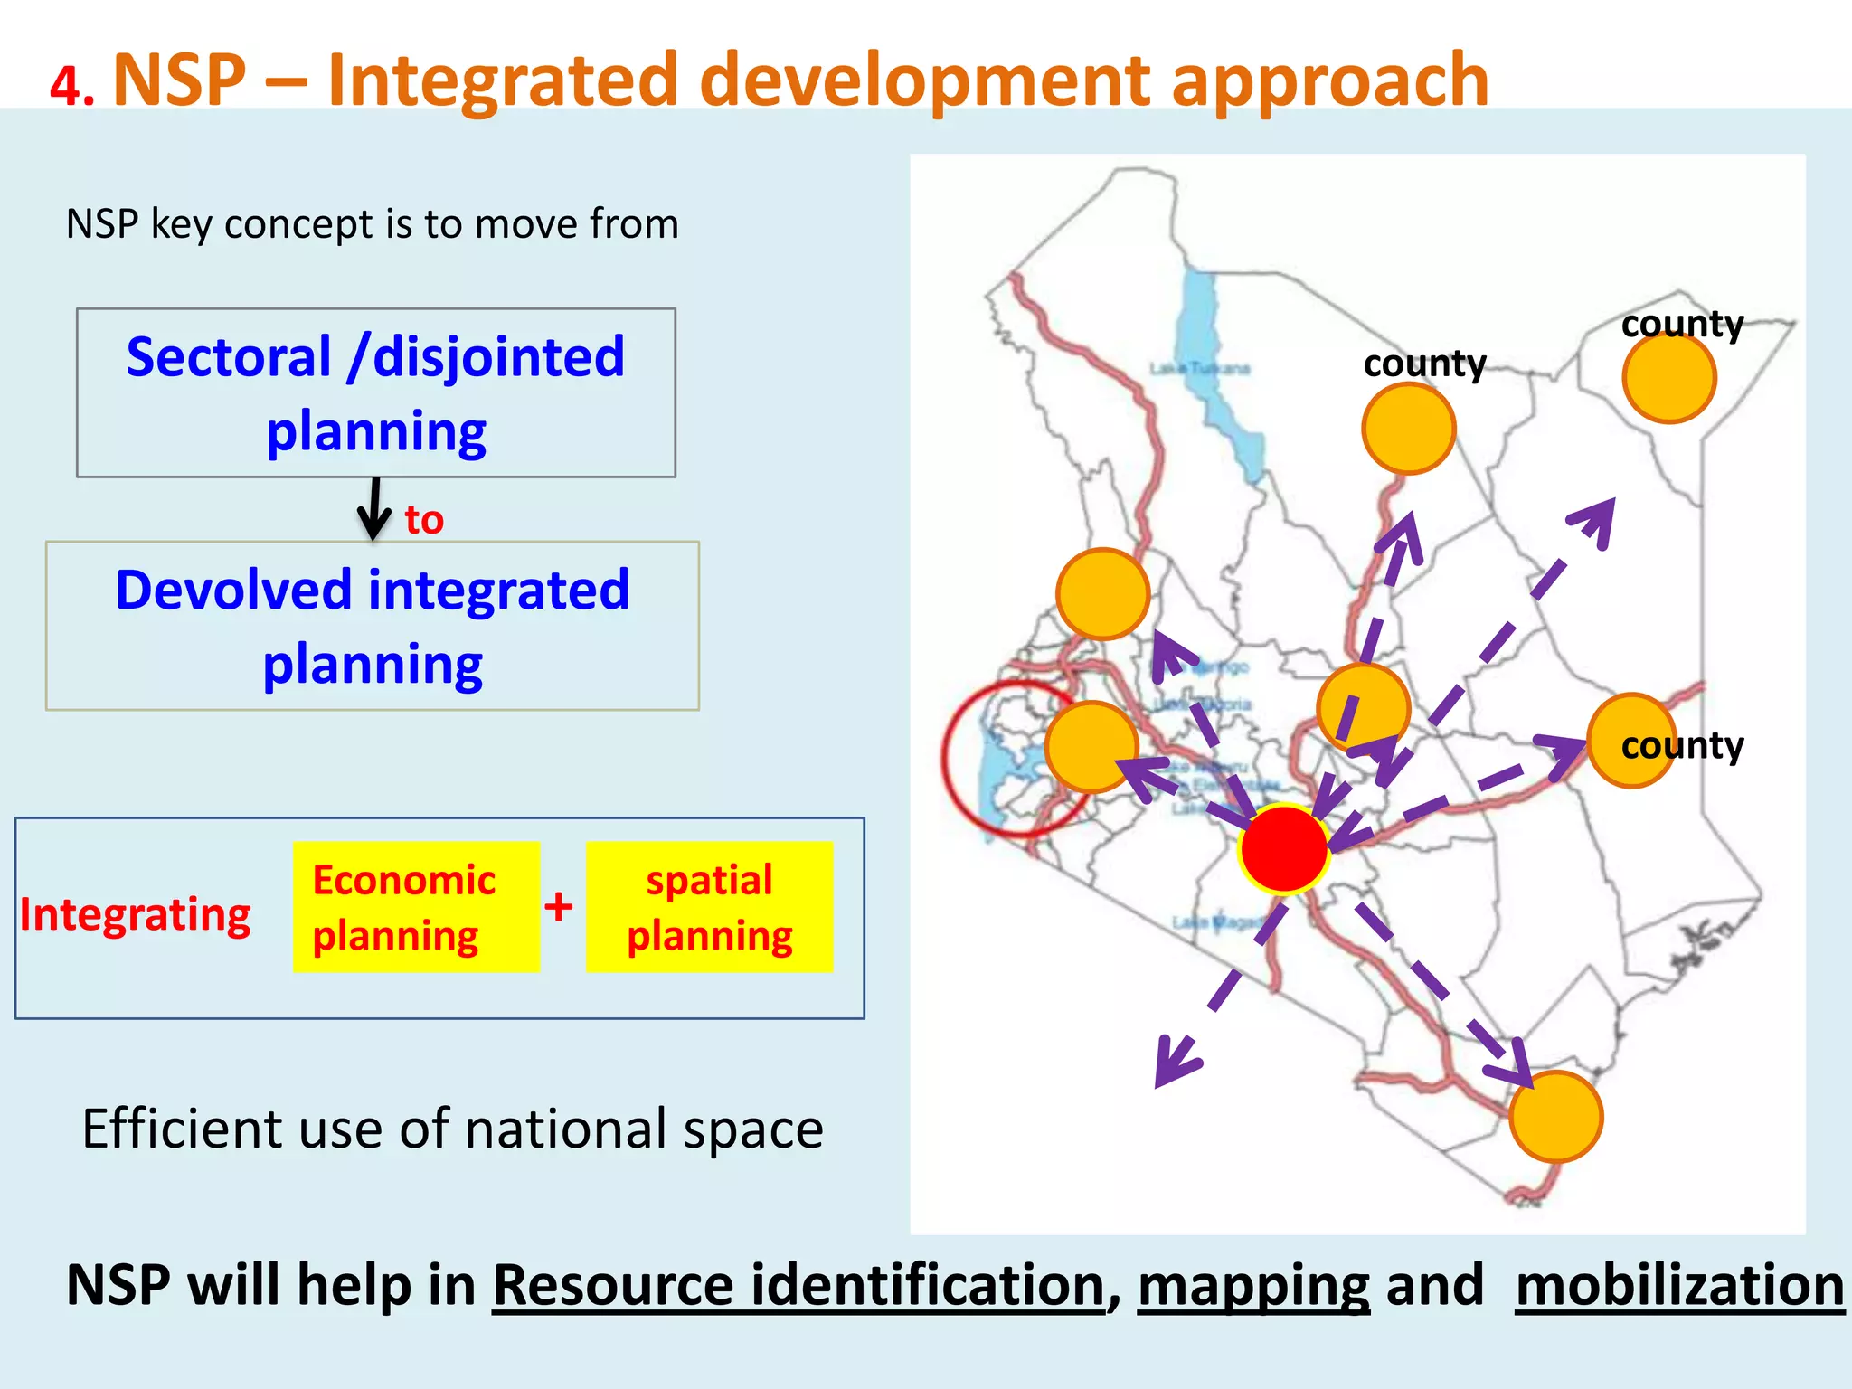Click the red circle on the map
click(1283, 848)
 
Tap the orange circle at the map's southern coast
click(1555, 1117)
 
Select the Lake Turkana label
click(1199, 368)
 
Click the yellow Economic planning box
click(416, 907)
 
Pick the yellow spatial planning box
click(709, 907)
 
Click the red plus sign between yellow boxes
click(559, 906)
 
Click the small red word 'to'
click(423, 520)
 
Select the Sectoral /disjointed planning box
click(375, 392)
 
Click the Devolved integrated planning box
click(373, 626)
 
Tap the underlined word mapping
click(1253, 1285)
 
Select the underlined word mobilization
click(1679, 1285)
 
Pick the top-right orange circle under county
click(1668, 378)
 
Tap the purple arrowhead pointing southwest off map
click(1172, 1068)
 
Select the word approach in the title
click(1329, 81)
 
